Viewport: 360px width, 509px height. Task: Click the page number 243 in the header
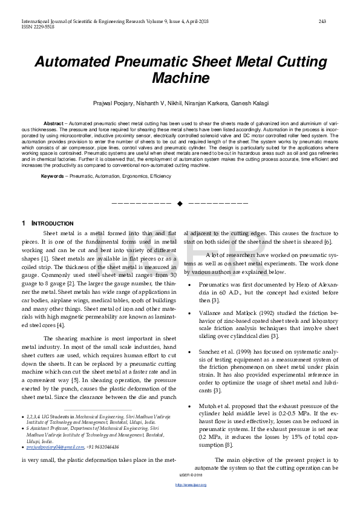click(x=322, y=22)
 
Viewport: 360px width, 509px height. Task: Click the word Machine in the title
click(x=180, y=78)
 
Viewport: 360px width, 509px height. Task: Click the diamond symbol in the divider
click(x=180, y=203)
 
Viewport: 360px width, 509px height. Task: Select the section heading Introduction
click(x=52, y=224)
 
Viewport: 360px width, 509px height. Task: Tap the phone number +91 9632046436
click(x=102, y=447)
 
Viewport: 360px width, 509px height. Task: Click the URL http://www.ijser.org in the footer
click(x=180, y=502)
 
